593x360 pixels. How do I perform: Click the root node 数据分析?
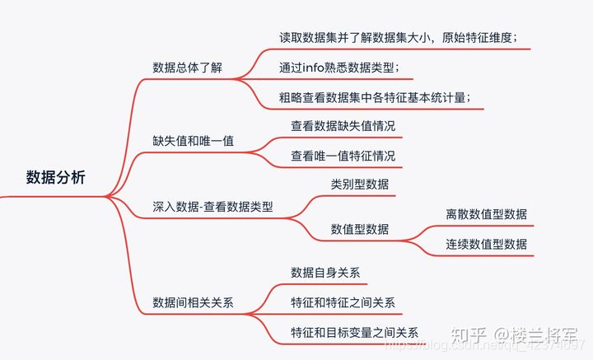[x=55, y=177]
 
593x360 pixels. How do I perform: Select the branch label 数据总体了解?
[x=188, y=67]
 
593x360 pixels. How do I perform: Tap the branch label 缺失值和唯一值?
[x=194, y=140]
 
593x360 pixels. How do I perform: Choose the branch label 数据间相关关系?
[x=194, y=302]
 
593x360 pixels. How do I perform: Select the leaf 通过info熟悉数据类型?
[x=340, y=67]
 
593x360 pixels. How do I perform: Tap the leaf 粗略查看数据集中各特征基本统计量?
[x=376, y=97]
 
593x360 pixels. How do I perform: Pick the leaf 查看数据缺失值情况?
[x=343, y=126]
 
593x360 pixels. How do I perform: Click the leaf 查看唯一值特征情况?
[x=343, y=155]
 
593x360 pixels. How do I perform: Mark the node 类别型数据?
[x=360, y=184]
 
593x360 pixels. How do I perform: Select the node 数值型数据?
[x=360, y=228]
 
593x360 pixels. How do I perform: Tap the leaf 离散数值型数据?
[x=486, y=214]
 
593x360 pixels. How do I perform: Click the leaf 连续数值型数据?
[x=486, y=244]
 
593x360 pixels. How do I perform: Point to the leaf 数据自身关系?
[x=325, y=273]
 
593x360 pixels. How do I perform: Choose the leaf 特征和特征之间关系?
[x=343, y=302]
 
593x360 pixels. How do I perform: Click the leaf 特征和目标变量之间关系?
[x=354, y=332]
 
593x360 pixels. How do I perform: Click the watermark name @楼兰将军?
[x=535, y=336]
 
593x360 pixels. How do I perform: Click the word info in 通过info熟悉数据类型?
[x=316, y=67]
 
